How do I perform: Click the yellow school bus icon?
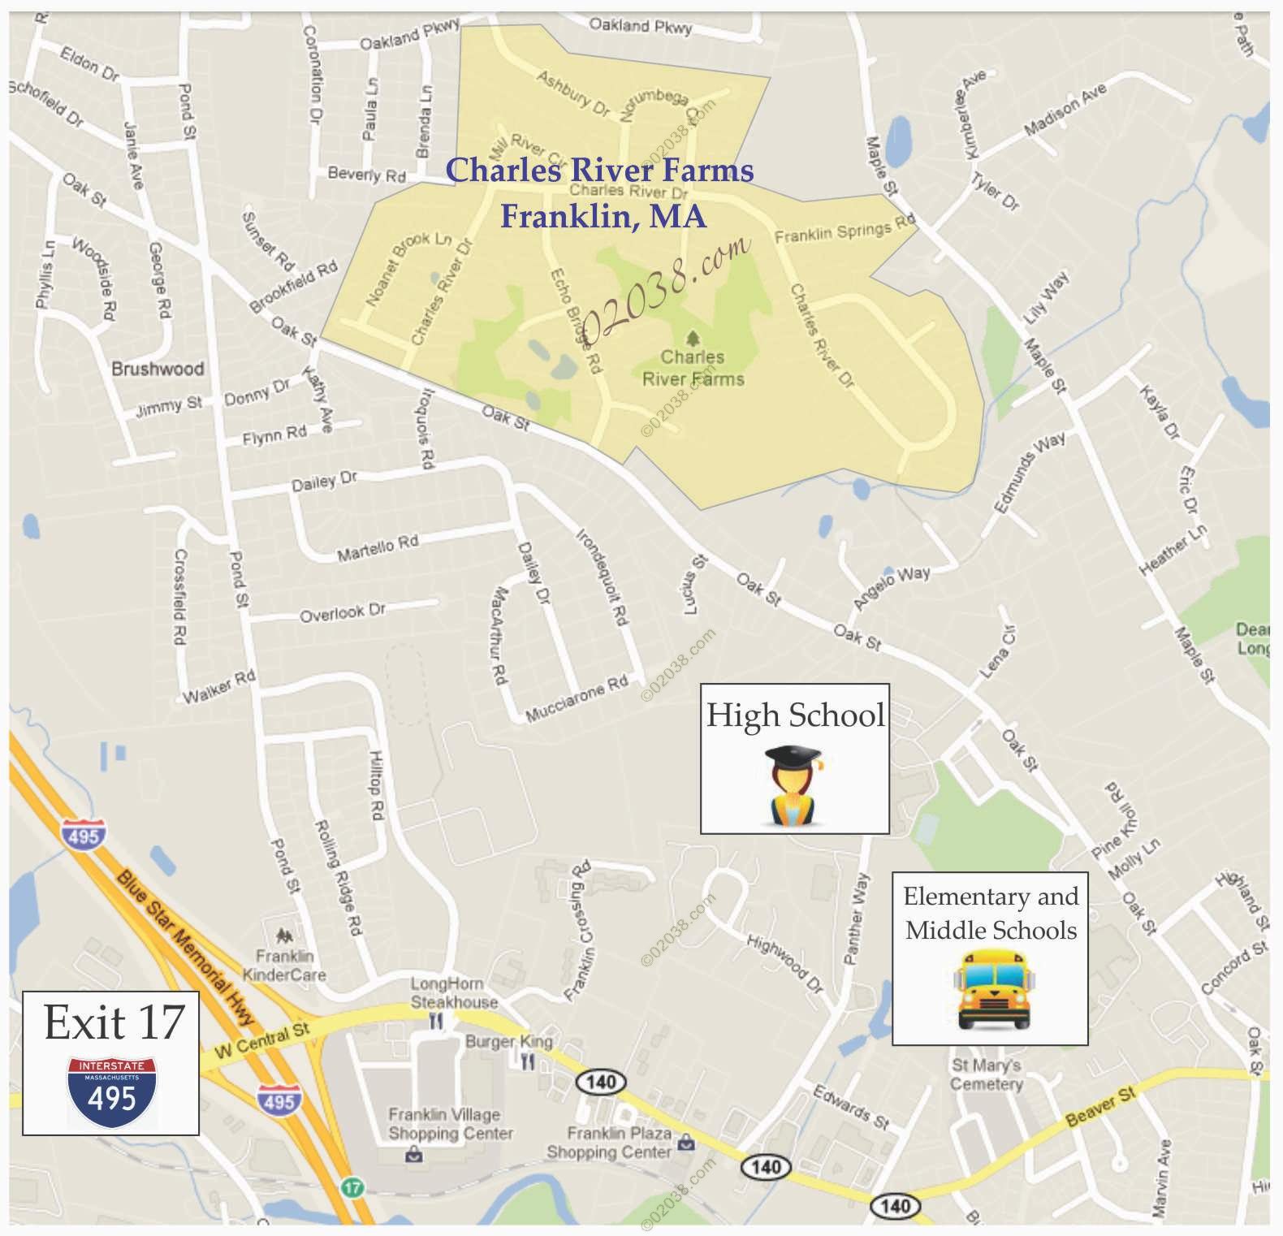989,990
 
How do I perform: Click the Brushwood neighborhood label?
158,370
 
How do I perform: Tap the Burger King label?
508,1042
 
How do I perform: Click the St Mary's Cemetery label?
987,1074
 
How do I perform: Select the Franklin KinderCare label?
284,965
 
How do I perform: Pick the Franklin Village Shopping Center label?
450,1124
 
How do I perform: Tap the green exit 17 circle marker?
351,1186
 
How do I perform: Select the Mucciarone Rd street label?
577,700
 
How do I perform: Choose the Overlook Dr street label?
342,612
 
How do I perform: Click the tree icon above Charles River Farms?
693,337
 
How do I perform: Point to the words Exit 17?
114,1022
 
